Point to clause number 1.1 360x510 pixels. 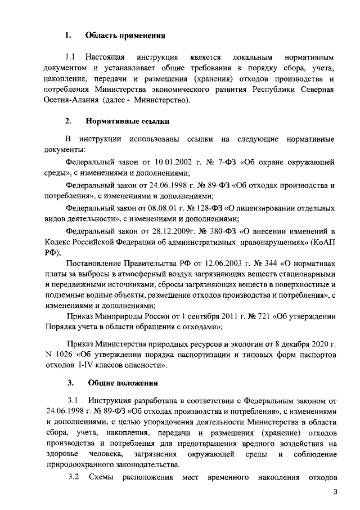(x=71, y=57)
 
